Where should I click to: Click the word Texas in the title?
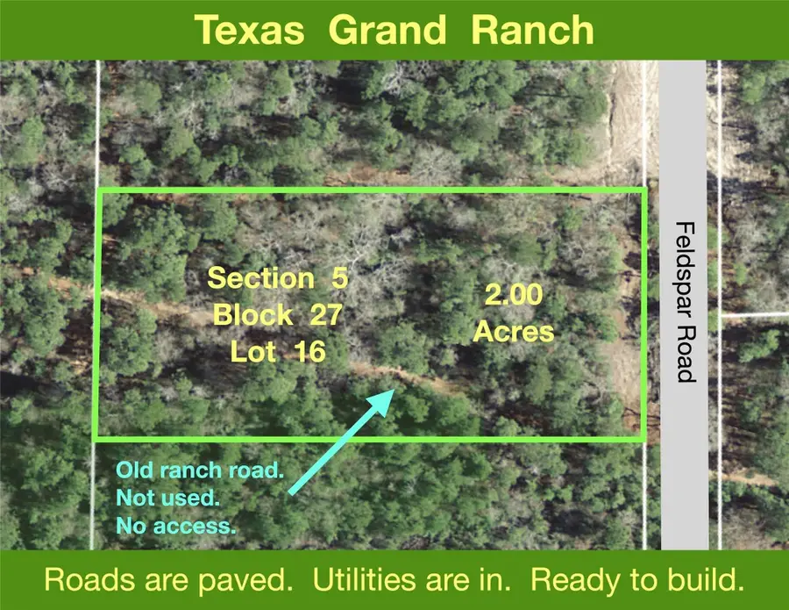250,30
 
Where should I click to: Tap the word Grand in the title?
387,30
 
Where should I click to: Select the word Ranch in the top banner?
532,30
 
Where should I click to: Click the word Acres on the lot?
514,332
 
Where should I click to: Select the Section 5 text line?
278,278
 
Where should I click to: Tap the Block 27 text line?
278,314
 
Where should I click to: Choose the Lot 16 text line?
278,351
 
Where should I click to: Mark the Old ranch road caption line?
200,470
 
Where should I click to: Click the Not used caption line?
167,499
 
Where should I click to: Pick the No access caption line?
175,527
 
